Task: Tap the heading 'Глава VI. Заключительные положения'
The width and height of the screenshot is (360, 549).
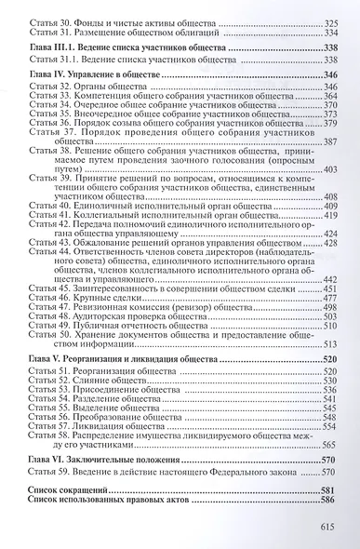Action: [100, 460]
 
